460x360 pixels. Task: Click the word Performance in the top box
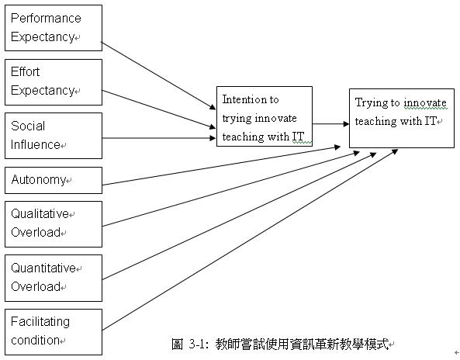tap(46, 18)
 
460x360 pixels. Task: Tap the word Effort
tap(26, 71)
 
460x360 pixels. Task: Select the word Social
tap(28, 126)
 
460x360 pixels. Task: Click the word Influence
tap(36, 144)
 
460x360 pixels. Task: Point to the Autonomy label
tap(39, 179)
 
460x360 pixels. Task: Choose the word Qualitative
tap(40, 213)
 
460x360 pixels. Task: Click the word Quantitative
tap(43, 268)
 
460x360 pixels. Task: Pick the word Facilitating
tap(40, 322)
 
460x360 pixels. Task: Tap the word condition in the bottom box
tap(35, 341)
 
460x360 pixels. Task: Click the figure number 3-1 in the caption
tap(198, 344)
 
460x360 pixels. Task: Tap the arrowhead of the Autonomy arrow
tap(337, 147)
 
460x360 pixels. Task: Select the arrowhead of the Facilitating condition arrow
tap(395, 152)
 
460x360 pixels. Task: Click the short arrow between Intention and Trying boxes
tap(330, 124)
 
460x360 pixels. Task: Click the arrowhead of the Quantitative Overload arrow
tap(373, 154)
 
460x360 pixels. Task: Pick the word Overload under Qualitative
tap(36, 233)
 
